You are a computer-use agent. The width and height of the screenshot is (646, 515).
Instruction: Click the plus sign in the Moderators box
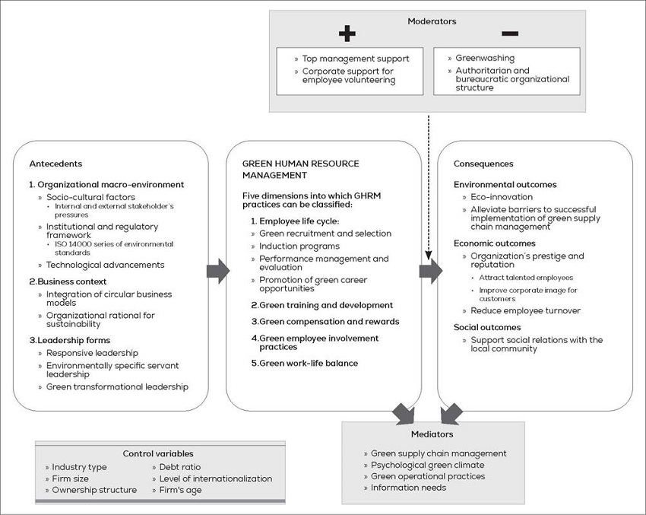point(347,33)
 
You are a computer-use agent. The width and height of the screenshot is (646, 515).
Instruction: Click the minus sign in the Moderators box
point(510,33)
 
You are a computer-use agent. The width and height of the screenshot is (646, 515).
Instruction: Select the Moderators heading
point(432,21)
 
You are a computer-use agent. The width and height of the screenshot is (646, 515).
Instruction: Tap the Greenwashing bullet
point(484,58)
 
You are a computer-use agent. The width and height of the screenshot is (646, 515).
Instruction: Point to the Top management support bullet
point(356,59)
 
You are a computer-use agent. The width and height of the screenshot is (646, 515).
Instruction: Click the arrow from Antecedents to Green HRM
point(217,270)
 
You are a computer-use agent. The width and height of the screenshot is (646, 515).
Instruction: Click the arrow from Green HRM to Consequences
point(431,270)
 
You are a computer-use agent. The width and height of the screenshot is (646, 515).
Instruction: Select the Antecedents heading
point(55,164)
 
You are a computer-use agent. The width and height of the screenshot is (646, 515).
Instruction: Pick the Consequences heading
point(483,164)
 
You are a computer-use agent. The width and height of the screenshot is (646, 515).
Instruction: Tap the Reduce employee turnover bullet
point(525,310)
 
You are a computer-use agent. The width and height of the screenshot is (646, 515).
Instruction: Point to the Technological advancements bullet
point(105,265)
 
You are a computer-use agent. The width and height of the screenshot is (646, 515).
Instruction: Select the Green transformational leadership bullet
point(117,386)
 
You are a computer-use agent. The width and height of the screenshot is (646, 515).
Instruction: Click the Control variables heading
point(158,453)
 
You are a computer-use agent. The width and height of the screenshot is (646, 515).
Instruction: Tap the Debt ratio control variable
point(179,467)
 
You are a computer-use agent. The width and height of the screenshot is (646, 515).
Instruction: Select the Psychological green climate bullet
point(427,465)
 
